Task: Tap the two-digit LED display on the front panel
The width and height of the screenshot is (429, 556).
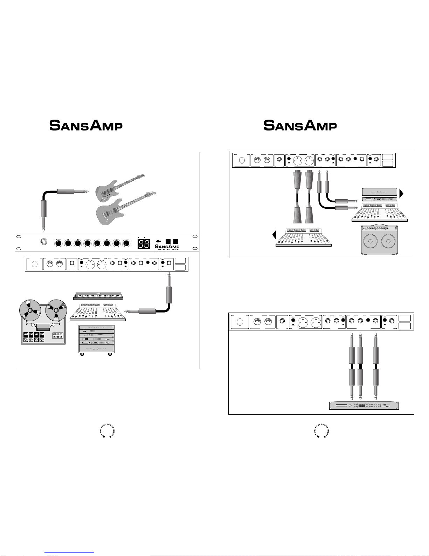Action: click(144, 243)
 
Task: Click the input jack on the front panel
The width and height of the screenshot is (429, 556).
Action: click(44, 242)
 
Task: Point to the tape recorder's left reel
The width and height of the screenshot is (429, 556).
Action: click(30, 310)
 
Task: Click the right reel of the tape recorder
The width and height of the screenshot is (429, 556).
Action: click(56, 310)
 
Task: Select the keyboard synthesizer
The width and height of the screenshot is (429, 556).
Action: click(98, 296)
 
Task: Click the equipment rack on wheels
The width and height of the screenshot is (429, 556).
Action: click(97, 340)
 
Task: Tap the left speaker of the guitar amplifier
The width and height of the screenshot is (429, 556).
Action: click(370, 241)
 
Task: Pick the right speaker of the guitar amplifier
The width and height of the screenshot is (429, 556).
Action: click(388, 241)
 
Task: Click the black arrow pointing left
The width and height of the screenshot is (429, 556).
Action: click(275, 235)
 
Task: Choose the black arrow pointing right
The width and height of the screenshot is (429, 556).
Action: click(401, 193)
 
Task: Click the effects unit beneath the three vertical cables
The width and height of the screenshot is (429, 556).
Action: click(364, 406)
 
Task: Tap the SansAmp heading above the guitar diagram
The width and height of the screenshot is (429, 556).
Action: click(86, 125)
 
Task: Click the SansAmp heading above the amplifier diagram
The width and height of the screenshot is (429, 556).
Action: click(300, 125)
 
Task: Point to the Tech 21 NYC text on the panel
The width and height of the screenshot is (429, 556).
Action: click(167, 249)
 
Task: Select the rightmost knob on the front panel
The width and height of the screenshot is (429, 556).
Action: click(126, 243)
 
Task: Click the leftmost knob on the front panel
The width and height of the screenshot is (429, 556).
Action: click(58, 243)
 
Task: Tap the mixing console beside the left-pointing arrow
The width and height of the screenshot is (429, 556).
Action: click(304, 237)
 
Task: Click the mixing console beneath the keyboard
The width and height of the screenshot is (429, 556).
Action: click(98, 312)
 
